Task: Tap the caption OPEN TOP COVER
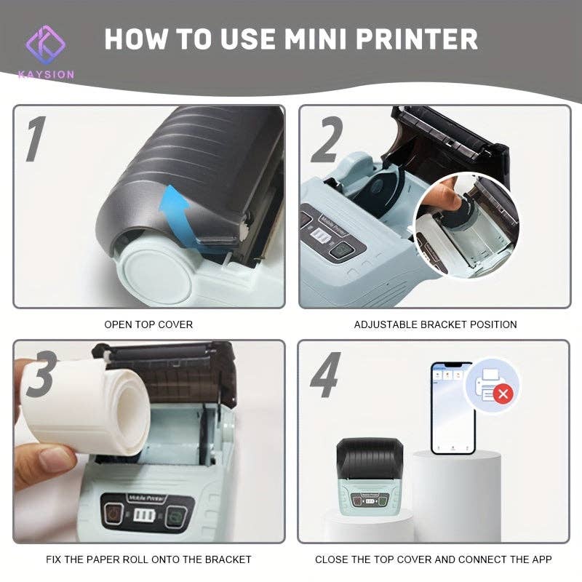(x=148, y=324)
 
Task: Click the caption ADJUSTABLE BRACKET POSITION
(x=435, y=324)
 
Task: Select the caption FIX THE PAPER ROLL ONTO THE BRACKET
(x=148, y=559)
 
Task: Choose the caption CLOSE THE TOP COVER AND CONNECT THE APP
(x=433, y=559)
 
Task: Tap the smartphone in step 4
(x=451, y=408)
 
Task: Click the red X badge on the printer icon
(x=502, y=394)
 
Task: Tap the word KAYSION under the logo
(x=46, y=74)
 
